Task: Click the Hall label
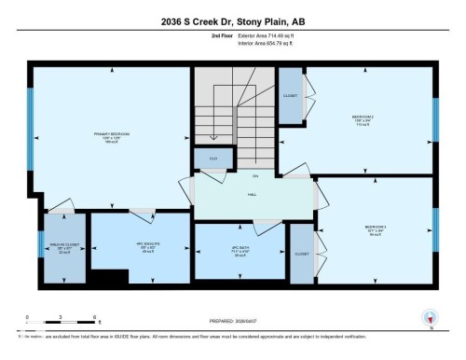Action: point(253,195)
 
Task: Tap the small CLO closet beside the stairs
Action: point(212,159)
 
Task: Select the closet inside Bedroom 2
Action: point(291,95)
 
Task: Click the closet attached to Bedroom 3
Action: point(301,253)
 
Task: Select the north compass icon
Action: point(430,318)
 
